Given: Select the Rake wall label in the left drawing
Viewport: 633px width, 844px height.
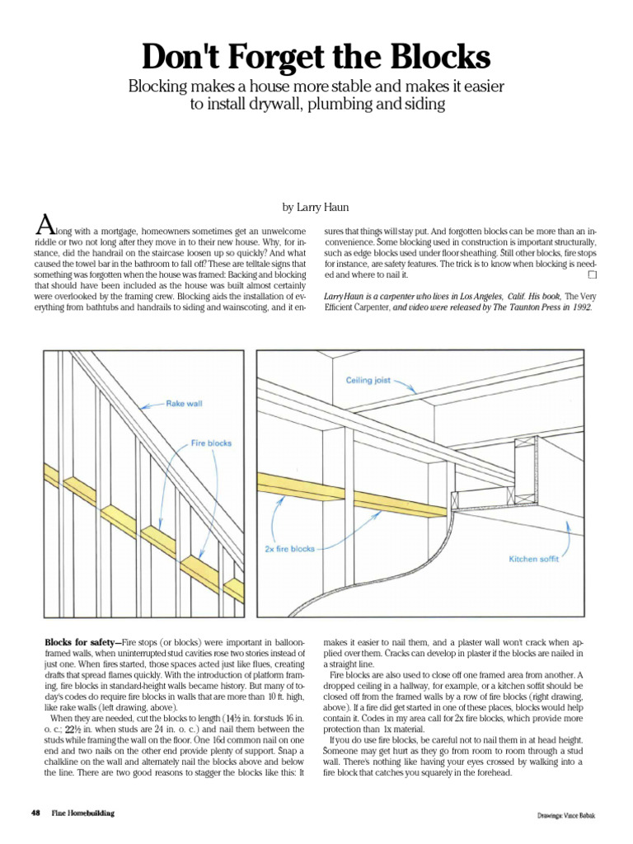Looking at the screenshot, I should click(x=184, y=404).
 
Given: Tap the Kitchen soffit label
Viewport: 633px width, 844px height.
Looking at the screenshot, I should click(x=534, y=559).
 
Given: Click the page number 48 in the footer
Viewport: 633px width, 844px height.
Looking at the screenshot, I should click(x=35, y=813).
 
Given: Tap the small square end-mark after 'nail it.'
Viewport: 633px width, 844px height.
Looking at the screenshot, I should click(x=592, y=274).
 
